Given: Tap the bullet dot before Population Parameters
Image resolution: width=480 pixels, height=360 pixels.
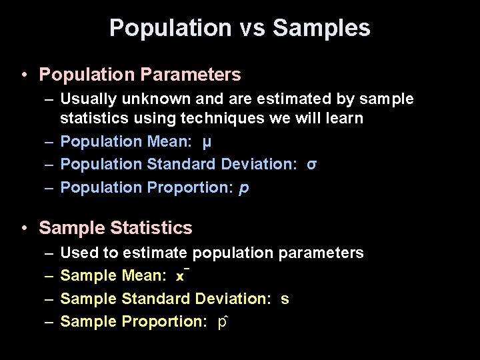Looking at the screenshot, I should pyautogui.click(x=24, y=74).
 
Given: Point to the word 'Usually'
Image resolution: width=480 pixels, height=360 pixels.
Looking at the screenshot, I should pyautogui.click(x=87, y=99).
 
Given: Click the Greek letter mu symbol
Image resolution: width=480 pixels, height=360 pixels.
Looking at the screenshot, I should pyautogui.click(x=207, y=142).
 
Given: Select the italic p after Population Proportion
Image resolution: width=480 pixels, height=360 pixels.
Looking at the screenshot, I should pyautogui.click(x=244, y=188).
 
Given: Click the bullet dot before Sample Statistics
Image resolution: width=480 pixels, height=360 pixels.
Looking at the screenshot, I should pyautogui.click(x=24, y=229).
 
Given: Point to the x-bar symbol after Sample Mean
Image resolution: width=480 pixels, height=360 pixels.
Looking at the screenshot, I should pyautogui.click(x=181, y=275).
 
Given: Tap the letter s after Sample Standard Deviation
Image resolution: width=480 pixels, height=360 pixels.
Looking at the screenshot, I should pyautogui.click(x=285, y=299).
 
